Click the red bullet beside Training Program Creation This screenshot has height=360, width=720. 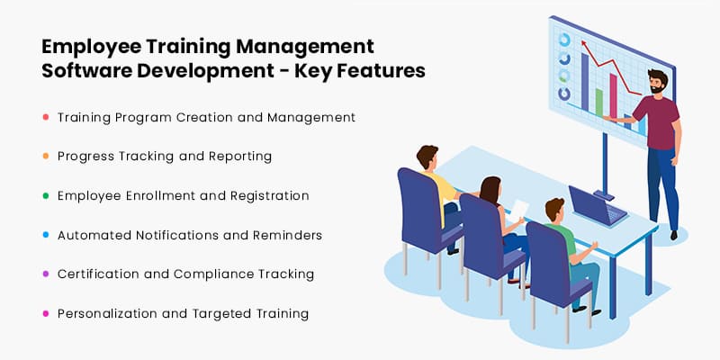pyautogui.click(x=45, y=117)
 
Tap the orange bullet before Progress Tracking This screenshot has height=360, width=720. pyautogui.click(x=45, y=157)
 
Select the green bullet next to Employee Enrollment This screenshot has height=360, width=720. pyautogui.click(x=45, y=195)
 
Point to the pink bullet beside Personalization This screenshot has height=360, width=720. pyautogui.click(x=45, y=314)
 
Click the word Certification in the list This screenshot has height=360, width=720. pyautogui.click(x=96, y=274)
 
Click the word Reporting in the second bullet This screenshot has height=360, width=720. pyautogui.click(x=237, y=157)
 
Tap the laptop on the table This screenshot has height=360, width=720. pyautogui.click(x=596, y=209)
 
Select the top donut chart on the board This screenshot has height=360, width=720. pyautogui.click(x=564, y=40)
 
